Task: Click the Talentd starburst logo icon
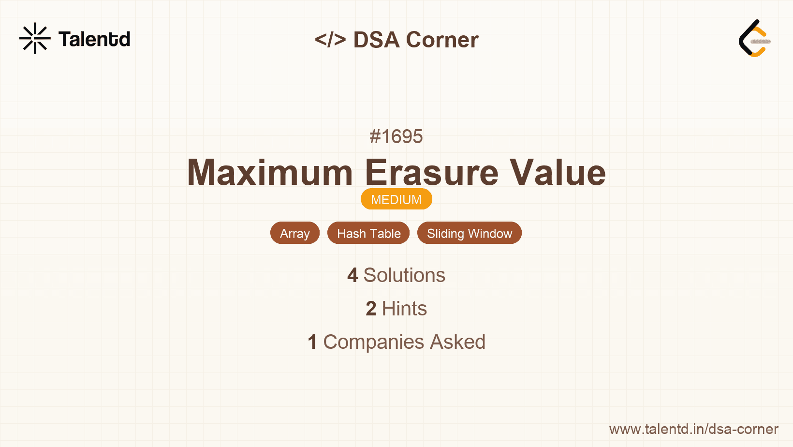point(35,38)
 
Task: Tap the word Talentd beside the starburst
point(94,39)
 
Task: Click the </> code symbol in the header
point(330,40)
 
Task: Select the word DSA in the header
point(377,40)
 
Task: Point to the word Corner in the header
point(442,40)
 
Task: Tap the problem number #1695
point(396,136)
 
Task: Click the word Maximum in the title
point(270,172)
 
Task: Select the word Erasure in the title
point(432,172)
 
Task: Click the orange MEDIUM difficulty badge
point(396,199)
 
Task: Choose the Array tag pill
point(295,233)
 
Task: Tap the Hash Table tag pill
point(368,233)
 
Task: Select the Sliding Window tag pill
point(470,233)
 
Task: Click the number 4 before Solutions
point(352,275)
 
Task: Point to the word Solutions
point(404,275)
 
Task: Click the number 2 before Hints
point(371,309)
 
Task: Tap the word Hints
point(404,309)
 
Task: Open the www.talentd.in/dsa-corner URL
point(693,429)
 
